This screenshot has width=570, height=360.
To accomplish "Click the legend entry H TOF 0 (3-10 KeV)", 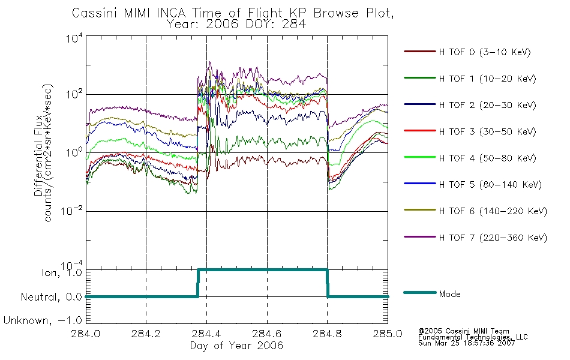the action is point(485,52).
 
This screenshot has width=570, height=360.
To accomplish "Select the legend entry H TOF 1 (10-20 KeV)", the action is point(487,79).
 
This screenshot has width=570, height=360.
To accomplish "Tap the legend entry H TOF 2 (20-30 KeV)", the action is point(487,105).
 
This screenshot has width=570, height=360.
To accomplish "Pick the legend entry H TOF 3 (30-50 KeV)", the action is point(487,131).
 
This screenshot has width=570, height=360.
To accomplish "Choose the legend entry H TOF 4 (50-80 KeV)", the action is point(487,158).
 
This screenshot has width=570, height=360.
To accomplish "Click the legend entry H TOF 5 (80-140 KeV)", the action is point(490,185).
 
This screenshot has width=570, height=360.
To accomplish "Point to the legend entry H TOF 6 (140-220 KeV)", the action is point(493,211).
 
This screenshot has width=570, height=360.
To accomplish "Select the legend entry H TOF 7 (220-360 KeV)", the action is point(493,238).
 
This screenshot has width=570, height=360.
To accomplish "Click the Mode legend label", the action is point(449,294).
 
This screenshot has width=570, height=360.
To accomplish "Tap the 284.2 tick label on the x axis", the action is point(146,334).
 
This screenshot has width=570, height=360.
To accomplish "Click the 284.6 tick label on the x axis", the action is point(267,334).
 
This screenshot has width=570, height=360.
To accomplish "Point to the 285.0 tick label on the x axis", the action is point(388,334).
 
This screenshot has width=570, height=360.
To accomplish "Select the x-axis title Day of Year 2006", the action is point(236,346).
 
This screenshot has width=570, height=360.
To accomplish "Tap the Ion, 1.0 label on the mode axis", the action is point(62,273).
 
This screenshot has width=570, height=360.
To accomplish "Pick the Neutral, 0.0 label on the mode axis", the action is point(51,297).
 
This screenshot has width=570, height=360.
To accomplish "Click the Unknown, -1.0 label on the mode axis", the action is point(43,320).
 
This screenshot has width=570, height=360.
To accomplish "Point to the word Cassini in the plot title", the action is point(95,13).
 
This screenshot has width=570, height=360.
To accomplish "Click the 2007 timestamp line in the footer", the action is point(466,343).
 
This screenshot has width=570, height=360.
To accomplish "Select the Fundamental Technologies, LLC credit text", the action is point(473,337).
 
